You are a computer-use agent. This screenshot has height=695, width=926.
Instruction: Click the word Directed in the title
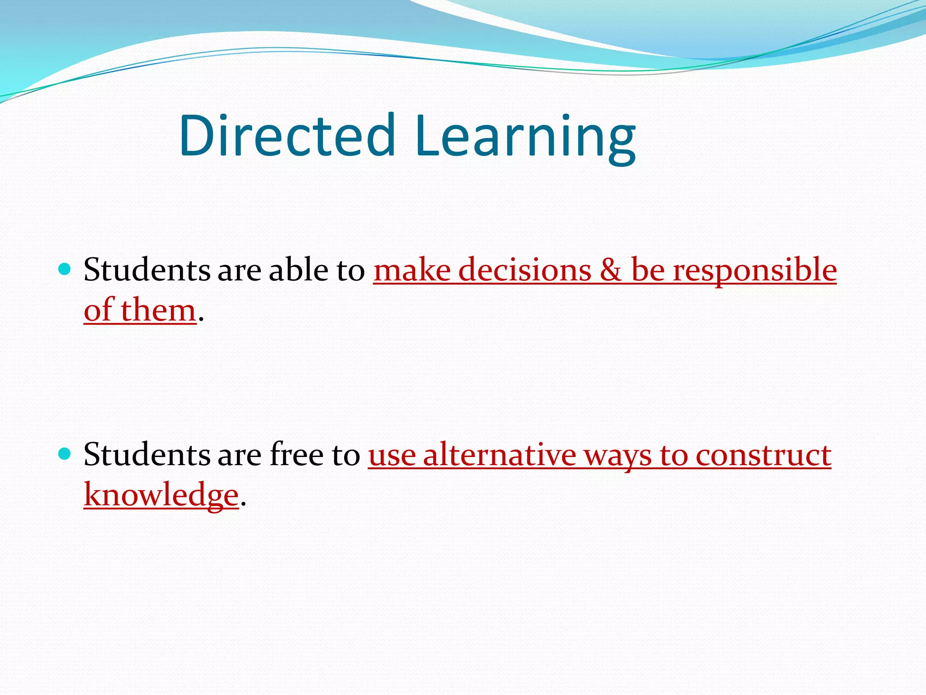tap(288, 135)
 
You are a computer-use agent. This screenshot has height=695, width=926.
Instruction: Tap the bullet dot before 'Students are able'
tap(66, 270)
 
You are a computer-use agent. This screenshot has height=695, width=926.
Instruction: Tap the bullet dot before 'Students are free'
tap(66, 454)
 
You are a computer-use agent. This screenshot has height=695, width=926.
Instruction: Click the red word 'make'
tap(412, 270)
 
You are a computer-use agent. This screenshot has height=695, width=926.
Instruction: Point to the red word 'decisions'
tap(524, 270)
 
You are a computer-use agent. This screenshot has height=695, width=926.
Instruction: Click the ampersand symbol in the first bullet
tap(611, 270)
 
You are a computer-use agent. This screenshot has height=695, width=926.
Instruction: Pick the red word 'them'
tap(158, 311)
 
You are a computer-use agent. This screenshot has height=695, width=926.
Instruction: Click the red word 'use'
tap(392, 455)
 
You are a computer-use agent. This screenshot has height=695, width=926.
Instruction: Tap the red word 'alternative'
tap(500, 454)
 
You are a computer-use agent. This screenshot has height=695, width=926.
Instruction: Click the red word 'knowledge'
tap(161, 495)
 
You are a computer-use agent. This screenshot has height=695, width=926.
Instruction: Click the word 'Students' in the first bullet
tap(147, 270)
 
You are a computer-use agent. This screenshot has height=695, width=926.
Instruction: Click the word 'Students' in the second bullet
tap(147, 454)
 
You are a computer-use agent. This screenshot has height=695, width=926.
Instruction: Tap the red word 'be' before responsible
tap(647, 270)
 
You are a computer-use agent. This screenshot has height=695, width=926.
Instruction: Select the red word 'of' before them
tap(98, 311)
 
